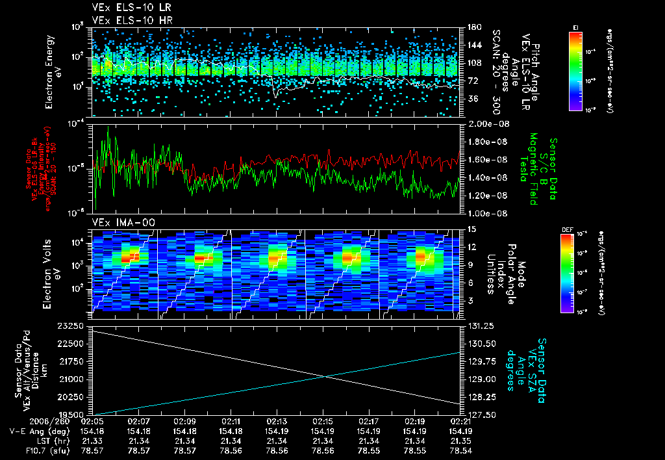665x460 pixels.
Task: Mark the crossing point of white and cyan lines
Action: [x=325, y=376]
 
